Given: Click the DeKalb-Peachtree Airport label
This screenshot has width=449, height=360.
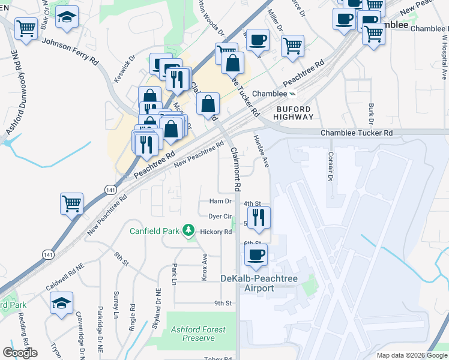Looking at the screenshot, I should pos(256,283).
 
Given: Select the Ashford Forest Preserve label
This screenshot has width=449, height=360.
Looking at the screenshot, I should pos(198,334).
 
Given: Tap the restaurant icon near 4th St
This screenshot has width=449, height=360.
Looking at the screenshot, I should pos(259,218).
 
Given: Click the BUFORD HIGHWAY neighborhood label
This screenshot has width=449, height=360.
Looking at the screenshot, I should pos(294,113).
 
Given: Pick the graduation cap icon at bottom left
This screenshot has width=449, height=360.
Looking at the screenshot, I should pos(61,304).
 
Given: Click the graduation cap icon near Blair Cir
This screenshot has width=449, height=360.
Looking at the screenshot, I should pos(67,17).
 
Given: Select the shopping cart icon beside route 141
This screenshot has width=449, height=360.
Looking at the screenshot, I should pos(71,203).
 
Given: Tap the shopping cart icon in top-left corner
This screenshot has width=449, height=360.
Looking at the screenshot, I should pos(26,28).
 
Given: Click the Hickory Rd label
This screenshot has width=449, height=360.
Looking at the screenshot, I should pos(216,232).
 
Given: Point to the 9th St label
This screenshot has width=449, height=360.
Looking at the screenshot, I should pos(223,304).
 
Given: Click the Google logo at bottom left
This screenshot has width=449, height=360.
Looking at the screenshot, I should pos(20,353).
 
